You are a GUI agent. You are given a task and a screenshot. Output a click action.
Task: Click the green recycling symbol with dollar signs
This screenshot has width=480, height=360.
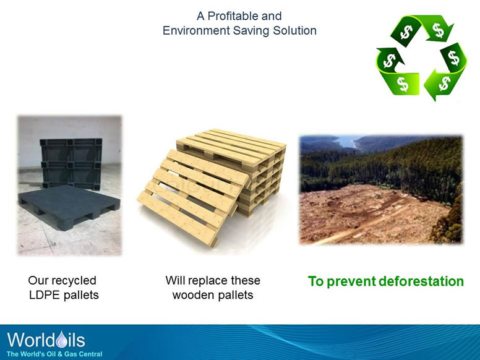tap(421, 57)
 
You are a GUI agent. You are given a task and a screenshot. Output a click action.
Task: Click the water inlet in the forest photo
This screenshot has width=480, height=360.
tap(353, 143)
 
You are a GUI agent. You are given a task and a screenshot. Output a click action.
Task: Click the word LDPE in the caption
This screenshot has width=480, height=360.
tap(45, 295)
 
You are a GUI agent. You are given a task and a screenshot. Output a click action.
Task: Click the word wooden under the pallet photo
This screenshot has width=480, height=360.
tap(191, 295)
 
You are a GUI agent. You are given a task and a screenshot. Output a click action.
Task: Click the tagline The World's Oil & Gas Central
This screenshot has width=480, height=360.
tap(54, 354)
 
